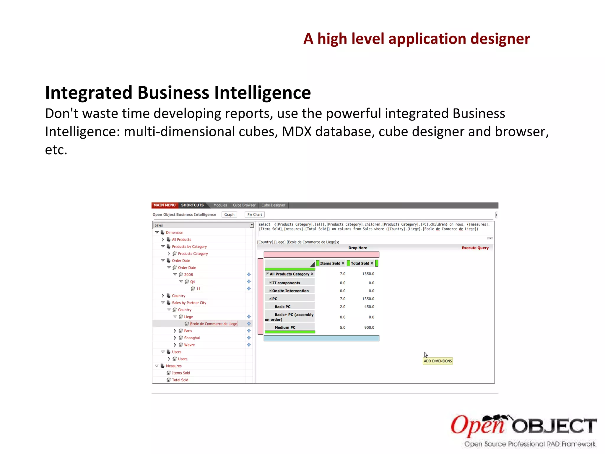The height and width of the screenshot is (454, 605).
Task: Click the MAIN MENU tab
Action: click(x=165, y=205)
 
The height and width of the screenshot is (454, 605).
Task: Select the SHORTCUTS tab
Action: click(x=192, y=205)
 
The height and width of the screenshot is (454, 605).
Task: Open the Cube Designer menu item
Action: click(x=273, y=205)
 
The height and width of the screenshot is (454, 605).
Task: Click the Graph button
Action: click(x=229, y=215)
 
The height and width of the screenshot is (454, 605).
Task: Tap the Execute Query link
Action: click(x=475, y=248)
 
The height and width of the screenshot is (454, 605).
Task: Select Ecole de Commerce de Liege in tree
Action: click(x=214, y=324)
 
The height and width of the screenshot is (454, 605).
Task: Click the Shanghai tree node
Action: click(x=192, y=338)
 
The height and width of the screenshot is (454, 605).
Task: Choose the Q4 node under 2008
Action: click(x=192, y=282)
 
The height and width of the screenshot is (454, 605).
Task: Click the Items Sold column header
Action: click(x=330, y=263)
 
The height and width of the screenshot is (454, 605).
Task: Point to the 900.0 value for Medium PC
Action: click(x=369, y=327)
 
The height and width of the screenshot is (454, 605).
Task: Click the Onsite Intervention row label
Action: click(x=290, y=291)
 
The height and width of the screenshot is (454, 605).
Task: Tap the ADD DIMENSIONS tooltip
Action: click(x=438, y=361)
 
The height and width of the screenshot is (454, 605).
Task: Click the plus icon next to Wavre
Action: click(x=249, y=345)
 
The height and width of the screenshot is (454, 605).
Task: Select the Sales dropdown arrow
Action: click(x=252, y=225)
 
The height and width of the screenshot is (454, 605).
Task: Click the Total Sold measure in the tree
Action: click(x=180, y=380)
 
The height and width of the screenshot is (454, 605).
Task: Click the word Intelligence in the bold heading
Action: click(x=262, y=93)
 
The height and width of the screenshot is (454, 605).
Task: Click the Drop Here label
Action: click(x=357, y=248)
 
